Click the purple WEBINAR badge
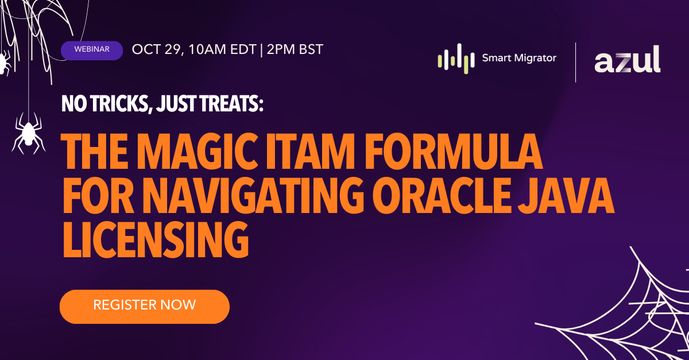(x=92, y=51)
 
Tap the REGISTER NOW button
(x=145, y=307)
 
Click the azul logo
(x=627, y=59)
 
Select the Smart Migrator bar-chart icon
(x=456, y=59)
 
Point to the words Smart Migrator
(x=519, y=58)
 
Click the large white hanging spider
(x=28, y=134)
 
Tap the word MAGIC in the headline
(x=197, y=151)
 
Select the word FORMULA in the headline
(x=454, y=151)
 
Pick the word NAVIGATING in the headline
(x=253, y=196)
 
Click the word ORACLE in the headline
(x=442, y=196)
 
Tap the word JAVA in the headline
(x=566, y=196)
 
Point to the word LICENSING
(x=156, y=239)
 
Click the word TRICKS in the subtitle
(x=120, y=104)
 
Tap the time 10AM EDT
(x=222, y=49)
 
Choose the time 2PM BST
(x=295, y=49)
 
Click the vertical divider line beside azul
(x=575, y=63)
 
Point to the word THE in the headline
(x=95, y=151)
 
